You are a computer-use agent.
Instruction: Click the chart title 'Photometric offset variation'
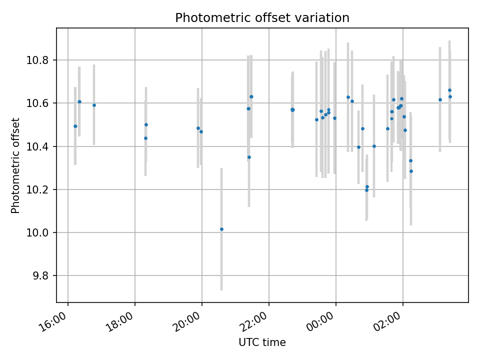[262, 18]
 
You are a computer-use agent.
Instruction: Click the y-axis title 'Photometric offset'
[15, 165]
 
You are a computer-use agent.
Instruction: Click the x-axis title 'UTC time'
[262, 342]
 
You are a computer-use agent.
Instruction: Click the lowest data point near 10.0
[221, 229]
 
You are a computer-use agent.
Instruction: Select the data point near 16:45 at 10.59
[94, 105]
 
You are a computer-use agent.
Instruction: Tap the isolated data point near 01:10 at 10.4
[374, 146]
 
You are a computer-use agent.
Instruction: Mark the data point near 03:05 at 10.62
[440, 99]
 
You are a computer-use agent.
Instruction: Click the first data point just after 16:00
[75, 126]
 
